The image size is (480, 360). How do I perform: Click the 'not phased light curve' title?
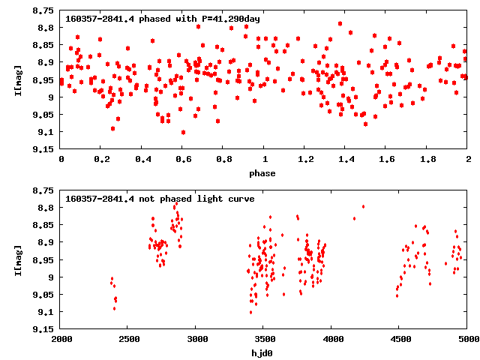[x=160, y=199]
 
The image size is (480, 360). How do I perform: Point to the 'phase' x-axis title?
[x=263, y=173]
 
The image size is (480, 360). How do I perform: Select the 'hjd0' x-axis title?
[x=263, y=352]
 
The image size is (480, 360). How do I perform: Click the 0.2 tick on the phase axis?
[x=101, y=160]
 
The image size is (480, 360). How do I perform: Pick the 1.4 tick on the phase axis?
[x=346, y=160]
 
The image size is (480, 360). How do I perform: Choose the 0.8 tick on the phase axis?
[x=223, y=160]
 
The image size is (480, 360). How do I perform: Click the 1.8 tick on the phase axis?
[x=427, y=160]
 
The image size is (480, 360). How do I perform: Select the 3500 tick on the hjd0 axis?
[x=264, y=340]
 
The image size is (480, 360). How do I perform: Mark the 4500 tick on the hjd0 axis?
[x=400, y=340]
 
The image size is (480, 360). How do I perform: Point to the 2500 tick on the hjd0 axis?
[x=128, y=340]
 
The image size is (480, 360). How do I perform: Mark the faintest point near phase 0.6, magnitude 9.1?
[x=183, y=132]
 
